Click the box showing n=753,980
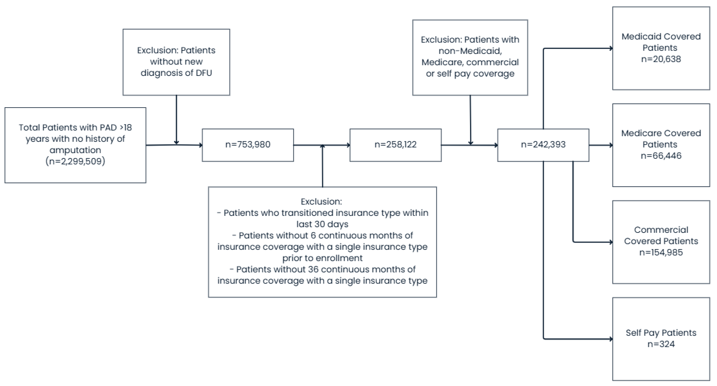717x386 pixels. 248,145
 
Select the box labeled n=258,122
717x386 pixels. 395,145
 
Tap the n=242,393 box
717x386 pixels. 543,145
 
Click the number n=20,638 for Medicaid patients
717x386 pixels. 661,59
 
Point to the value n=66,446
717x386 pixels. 661,156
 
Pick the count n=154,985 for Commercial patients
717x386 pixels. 661,252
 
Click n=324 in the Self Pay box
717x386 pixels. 661,344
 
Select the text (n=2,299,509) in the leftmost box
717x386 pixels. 75,161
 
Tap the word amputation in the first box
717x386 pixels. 75,150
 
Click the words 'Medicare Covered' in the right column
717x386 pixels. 661,133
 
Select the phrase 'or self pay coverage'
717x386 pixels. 470,74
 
